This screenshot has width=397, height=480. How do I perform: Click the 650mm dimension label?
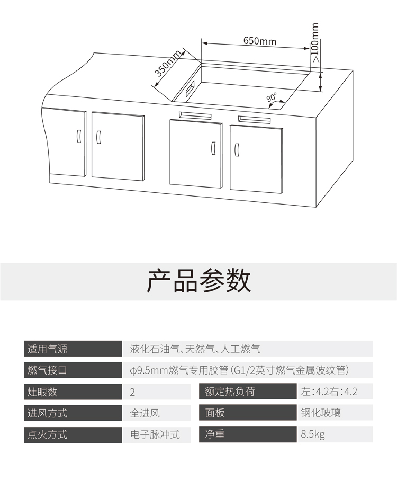260,41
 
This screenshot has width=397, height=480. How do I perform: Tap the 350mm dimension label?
167,64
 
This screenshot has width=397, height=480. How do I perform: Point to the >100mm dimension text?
315,42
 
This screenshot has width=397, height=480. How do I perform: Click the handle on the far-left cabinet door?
78,136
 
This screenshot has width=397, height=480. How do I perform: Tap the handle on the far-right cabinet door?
237,150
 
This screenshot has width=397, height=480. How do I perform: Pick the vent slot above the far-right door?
255,119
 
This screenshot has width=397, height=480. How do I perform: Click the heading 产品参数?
199,281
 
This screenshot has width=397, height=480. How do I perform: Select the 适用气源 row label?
48,349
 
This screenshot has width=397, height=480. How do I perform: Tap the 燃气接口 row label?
48,370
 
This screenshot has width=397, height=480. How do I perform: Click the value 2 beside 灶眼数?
132,392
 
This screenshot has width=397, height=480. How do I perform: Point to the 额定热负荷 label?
230,392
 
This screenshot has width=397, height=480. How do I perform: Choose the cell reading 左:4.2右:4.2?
329,392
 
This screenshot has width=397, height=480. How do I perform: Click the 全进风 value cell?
145,413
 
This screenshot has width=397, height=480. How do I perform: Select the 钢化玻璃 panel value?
321,413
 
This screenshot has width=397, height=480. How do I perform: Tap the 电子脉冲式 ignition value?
155,434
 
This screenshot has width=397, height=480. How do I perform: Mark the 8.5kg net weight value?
313,434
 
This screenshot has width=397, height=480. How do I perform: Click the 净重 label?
215,434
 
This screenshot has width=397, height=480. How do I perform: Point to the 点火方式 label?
48,434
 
